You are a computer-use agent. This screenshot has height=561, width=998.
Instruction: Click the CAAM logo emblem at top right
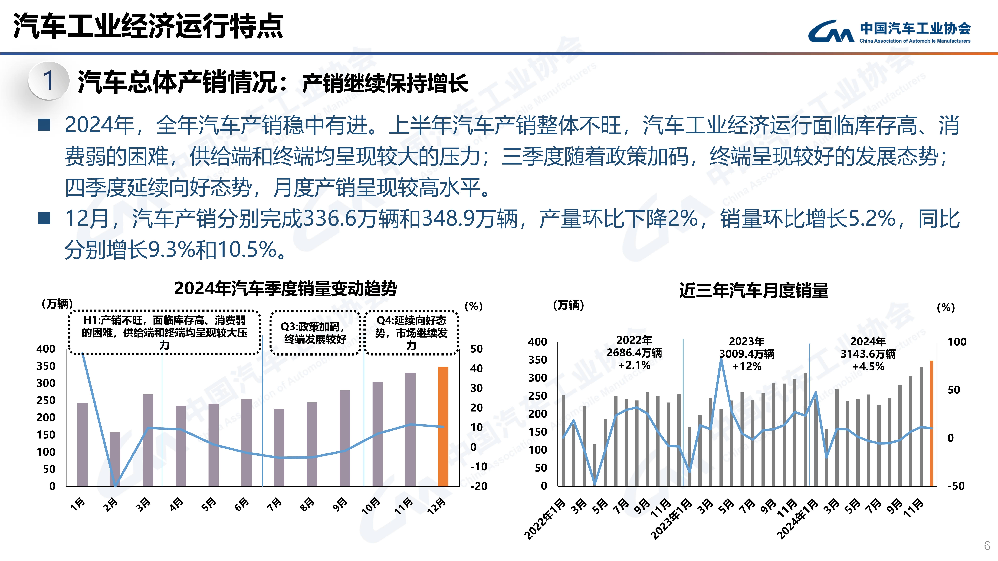pos(831,32)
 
